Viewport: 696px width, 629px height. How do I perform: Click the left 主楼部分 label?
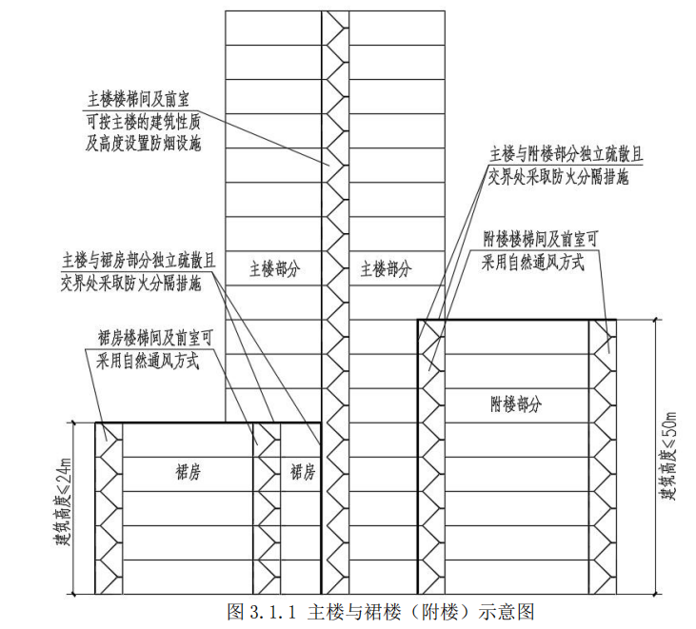(274, 269)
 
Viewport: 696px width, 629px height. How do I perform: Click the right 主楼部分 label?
(386, 269)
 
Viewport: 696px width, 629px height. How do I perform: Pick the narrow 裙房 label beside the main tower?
(303, 472)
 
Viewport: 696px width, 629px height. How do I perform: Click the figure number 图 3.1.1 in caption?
(264, 610)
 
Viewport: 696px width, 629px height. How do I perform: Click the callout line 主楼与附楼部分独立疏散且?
(559, 154)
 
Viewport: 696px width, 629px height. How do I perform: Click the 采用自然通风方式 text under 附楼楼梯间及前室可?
(534, 260)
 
